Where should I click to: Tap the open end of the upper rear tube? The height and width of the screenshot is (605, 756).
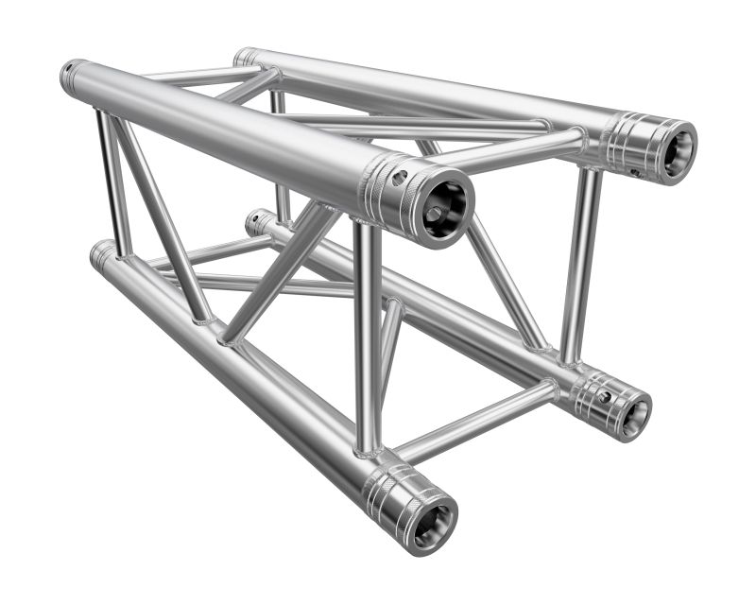click(677, 149)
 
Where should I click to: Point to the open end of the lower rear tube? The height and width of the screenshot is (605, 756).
click(632, 413)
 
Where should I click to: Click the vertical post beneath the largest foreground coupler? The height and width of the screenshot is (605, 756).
click(368, 331)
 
